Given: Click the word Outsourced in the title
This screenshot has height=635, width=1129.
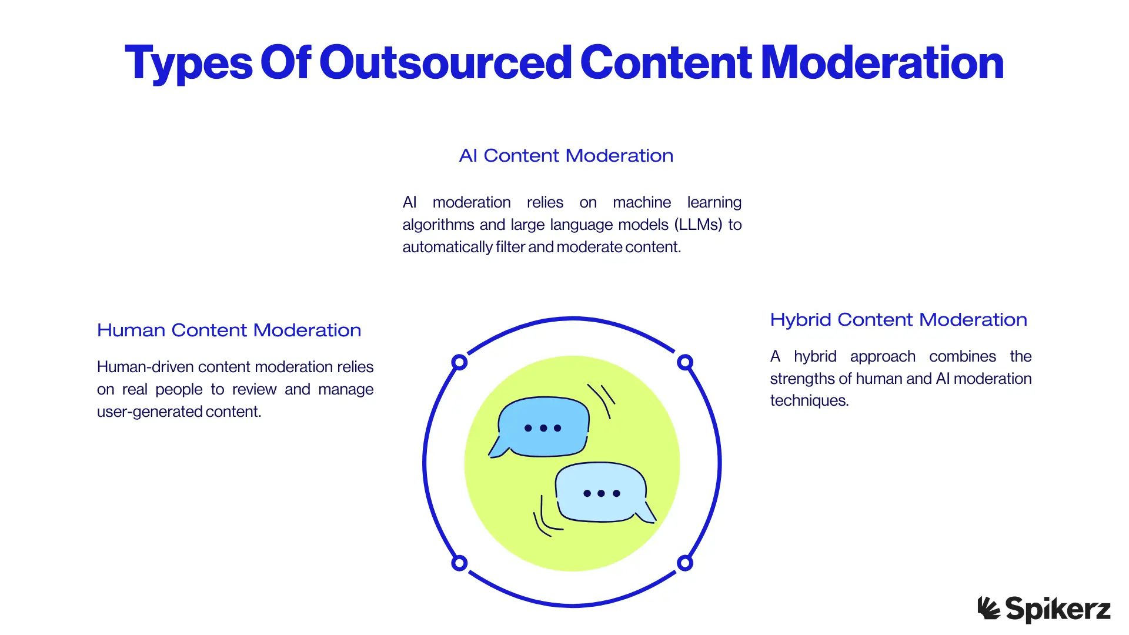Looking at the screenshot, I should click(x=445, y=62).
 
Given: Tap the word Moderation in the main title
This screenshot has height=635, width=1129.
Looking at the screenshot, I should click(x=882, y=62).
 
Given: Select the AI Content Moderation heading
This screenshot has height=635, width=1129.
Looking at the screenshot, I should click(x=566, y=156).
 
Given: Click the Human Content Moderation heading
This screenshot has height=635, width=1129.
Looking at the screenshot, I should click(x=229, y=330).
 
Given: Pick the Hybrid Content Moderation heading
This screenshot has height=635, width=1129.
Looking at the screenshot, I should click(x=898, y=320).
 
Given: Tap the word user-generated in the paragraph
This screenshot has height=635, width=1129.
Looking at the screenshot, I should click(x=149, y=412).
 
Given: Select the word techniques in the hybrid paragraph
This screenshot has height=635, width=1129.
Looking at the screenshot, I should click(x=809, y=400).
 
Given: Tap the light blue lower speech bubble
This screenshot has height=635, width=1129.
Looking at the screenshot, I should click(x=601, y=493).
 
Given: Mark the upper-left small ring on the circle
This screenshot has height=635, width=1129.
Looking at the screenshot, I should click(x=459, y=362).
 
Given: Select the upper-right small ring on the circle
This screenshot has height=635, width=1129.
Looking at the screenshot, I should click(x=684, y=362).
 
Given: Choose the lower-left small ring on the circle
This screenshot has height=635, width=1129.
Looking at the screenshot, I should click(x=459, y=563).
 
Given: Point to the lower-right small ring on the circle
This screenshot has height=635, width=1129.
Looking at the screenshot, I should click(x=684, y=563).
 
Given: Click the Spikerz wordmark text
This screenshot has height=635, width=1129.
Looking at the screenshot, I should click(x=1058, y=609).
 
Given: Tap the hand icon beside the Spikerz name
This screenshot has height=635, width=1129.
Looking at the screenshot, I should click(x=988, y=608).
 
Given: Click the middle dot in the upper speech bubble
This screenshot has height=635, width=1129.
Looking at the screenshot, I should click(x=543, y=428).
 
